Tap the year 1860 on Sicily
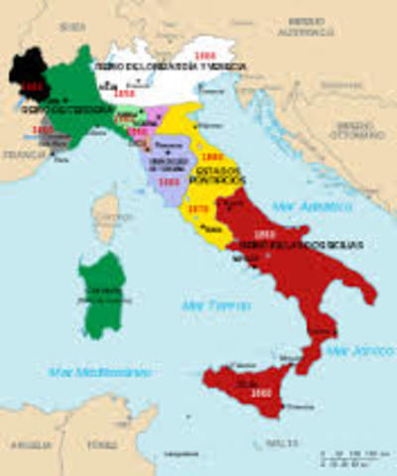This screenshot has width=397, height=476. (x=235, y=395)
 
